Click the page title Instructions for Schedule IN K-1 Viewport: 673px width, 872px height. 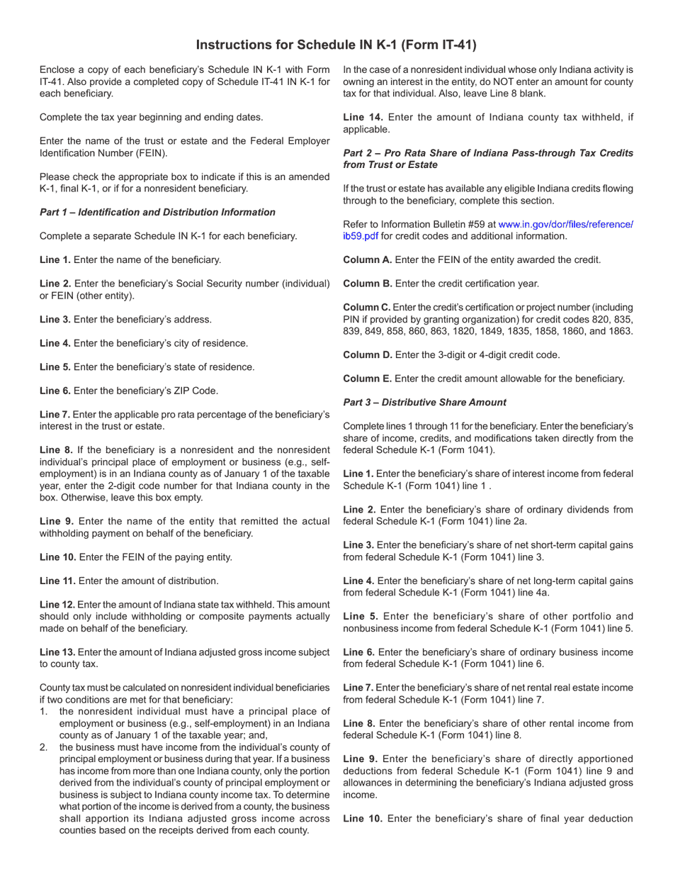click(x=336, y=45)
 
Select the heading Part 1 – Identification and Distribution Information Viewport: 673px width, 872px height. click(x=157, y=212)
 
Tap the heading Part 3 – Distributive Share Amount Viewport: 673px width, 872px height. click(x=424, y=402)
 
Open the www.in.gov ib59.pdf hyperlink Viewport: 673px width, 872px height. click(x=565, y=224)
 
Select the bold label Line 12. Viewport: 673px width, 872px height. click(x=57, y=604)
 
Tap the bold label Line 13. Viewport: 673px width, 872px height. click(x=57, y=652)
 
